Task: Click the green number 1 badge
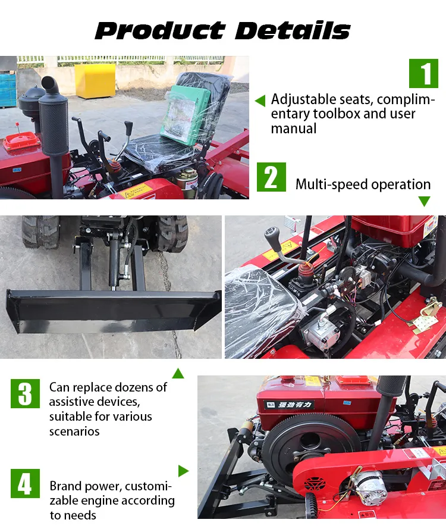(423, 73)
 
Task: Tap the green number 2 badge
(271, 177)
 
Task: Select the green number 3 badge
(25, 393)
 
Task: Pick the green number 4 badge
(25, 483)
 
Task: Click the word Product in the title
(159, 30)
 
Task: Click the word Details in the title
(291, 30)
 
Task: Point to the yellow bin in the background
(95, 80)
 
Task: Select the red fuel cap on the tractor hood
(21, 141)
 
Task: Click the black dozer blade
(113, 309)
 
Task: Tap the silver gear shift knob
(273, 236)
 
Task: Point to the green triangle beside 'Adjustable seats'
(260, 101)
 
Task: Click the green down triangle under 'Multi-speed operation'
(424, 202)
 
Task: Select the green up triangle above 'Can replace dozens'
(178, 374)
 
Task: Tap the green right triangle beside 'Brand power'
(183, 471)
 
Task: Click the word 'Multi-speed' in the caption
(331, 184)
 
